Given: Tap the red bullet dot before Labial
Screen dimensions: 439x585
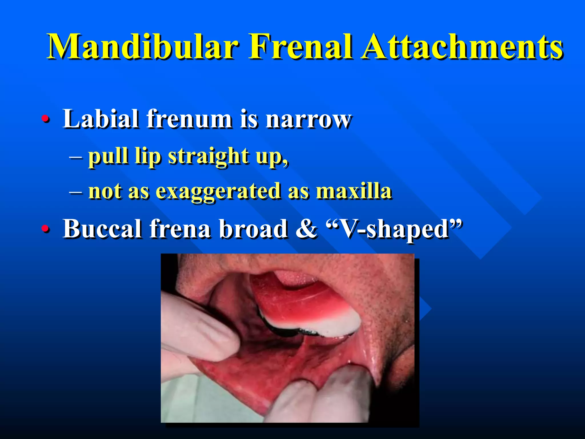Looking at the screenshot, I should tap(45, 119).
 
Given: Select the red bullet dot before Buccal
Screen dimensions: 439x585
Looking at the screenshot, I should tap(45, 228).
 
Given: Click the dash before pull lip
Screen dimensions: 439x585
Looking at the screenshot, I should tap(76, 157).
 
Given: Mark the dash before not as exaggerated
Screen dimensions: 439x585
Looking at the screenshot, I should tap(76, 191).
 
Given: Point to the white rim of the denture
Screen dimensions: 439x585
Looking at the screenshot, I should tap(328, 326).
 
